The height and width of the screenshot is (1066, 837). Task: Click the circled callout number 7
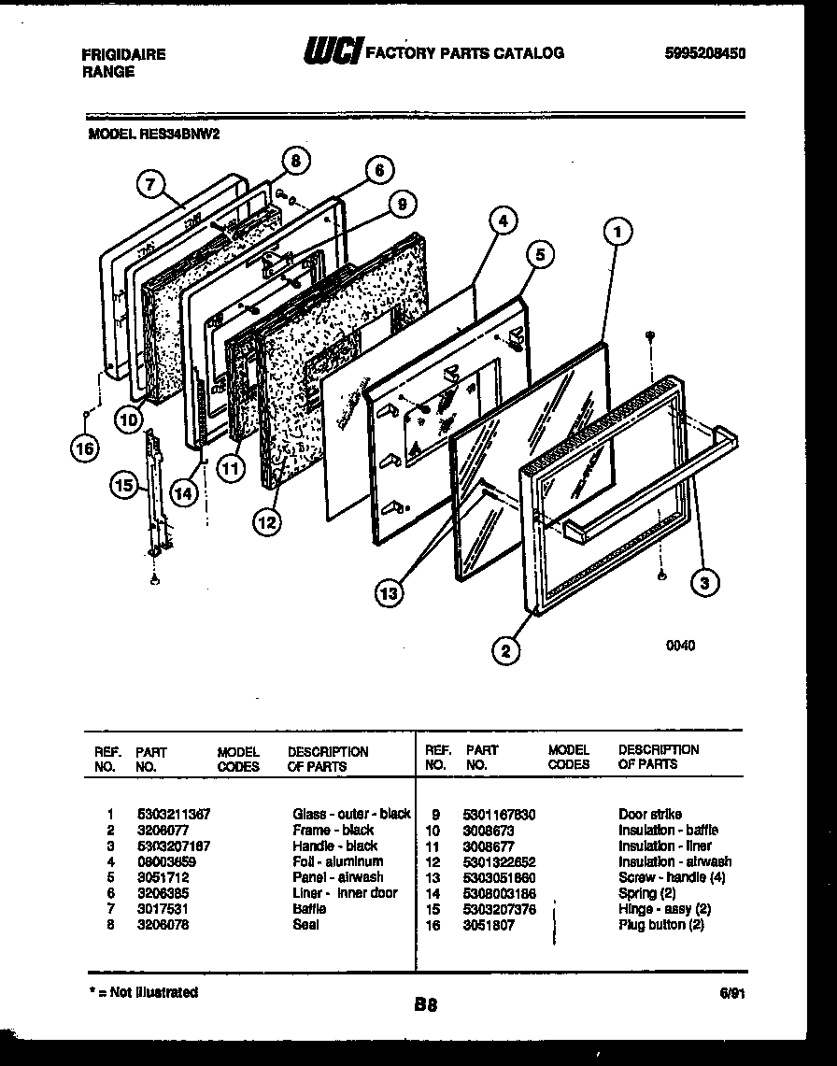click(x=149, y=185)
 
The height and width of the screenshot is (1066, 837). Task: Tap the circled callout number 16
click(x=84, y=448)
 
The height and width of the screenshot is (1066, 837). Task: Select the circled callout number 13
click(x=391, y=591)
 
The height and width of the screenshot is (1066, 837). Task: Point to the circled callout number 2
click(x=505, y=651)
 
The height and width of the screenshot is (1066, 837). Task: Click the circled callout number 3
click(x=705, y=584)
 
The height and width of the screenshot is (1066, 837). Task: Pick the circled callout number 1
click(x=617, y=230)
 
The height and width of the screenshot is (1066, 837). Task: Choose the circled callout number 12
click(x=267, y=522)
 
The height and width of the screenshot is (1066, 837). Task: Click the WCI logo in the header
click(x=332, y=53)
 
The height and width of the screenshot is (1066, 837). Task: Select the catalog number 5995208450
click(x=706, y=54)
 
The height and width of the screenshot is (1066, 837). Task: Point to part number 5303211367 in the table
click(x=173, y=814)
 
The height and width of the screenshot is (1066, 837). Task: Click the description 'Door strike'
click(x=649, y=814)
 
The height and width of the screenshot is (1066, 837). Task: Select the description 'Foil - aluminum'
click(x=337, y=861)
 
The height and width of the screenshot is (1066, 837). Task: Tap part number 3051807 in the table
click(x=488, y=925)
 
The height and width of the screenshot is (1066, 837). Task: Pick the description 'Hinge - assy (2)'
click(x=664, y=909)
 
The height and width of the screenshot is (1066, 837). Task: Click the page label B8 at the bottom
click(x=425, y=1005)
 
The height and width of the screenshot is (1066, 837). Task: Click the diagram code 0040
click(x=680, y=646)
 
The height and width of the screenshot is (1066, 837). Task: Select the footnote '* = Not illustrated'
click(x=143, y=992)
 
